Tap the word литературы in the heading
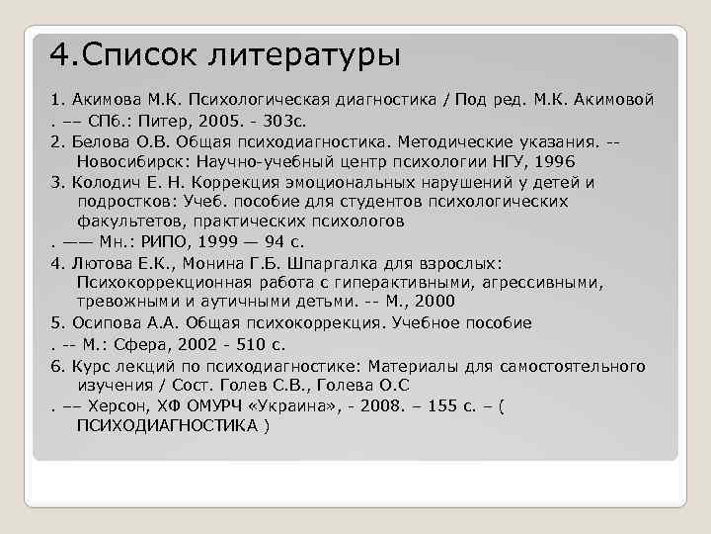click(305, 54)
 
